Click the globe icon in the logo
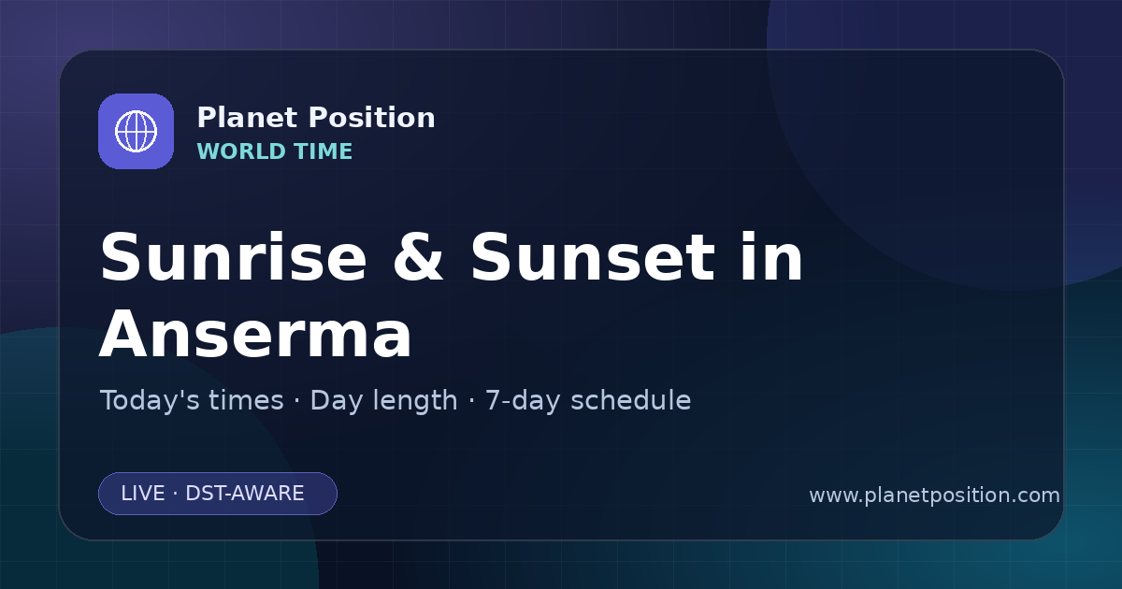(x=136, y=131)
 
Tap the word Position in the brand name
(x=372, y=118)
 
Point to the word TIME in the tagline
(x=324, y=151)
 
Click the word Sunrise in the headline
(x=234, y=257)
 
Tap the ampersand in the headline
(x=418, y=257)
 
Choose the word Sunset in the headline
(x=593, y=257)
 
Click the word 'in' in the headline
(x=772, y=256)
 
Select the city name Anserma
(x=255, y=333)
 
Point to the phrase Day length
(x=383, y=401)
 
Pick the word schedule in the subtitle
(x=631, y=400)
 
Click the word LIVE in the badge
(x=143, y=494)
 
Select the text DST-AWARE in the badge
(x=244, y=494)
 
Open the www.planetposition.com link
(x=934, y=496)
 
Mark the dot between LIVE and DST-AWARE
(x=176, y=494)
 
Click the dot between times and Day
(x=297, y=401)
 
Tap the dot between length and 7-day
(x=471, y=401)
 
